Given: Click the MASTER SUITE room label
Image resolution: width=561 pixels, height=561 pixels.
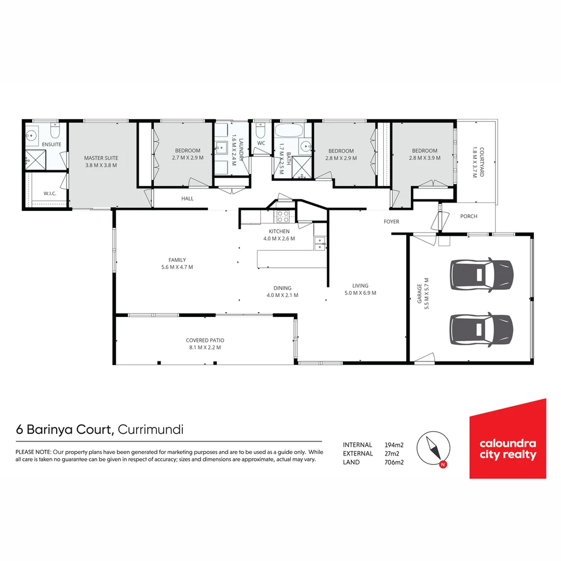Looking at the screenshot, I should (101, 158).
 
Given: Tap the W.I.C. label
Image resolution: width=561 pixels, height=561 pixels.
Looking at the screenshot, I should (50, 194).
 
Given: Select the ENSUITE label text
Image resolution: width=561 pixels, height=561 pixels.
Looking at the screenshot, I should (51, 144).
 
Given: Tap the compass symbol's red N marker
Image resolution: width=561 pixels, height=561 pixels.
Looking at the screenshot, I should (443, 464).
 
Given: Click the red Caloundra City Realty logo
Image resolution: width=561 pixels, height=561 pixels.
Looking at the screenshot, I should (507, 439).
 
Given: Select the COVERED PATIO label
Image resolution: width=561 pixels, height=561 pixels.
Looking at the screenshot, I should (205, 341).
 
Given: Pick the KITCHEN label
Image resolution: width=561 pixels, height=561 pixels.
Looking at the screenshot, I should (279, 231).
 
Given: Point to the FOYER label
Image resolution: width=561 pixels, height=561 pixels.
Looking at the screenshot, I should (391, 222).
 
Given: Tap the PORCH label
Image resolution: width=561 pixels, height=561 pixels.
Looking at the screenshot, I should (469, 217).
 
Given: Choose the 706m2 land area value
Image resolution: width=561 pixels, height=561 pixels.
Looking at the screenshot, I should (394, 462).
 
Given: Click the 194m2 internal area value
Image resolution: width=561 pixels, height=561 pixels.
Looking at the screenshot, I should (394, 445).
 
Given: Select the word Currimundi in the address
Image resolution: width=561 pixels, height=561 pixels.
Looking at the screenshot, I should (151, 430).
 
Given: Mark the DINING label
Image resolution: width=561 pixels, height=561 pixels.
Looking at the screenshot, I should (283, 288).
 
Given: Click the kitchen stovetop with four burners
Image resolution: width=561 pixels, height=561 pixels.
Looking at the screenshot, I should (283, 217).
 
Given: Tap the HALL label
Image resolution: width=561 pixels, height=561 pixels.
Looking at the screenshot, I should (187, 198).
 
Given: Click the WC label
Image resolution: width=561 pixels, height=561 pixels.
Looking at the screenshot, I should (261, 143).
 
